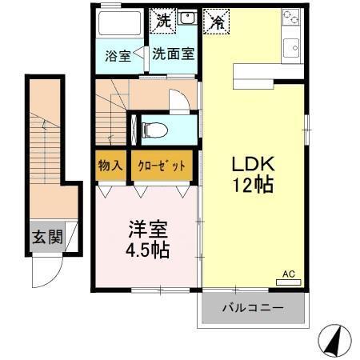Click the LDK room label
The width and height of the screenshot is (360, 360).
[x=254, y=163]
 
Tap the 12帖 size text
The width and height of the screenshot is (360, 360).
[x=254, y=185]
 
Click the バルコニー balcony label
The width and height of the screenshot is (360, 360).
[x=254, y=307]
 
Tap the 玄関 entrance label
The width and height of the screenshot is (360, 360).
[x=47, y=237]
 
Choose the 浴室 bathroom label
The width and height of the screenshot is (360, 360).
[x=118, y=57]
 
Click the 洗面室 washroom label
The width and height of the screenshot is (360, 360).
[x=173, y=55]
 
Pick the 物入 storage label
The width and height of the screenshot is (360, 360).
[x=110, y=166]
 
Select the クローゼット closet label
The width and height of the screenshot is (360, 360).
[x=162, y=166]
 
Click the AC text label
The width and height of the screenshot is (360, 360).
[x=289, y=274]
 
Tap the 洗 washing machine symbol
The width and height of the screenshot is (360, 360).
[x=162, y=19]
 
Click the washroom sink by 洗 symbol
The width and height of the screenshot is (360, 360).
[x=187, y=18]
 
